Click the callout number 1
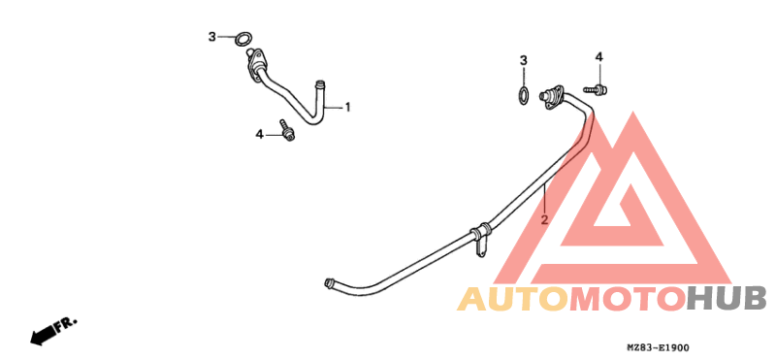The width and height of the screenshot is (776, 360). [347, 107]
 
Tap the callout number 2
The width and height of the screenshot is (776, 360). [544, 219]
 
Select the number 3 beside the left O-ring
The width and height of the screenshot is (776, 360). [211, 37]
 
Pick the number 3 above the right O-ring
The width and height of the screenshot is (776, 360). [524, 60]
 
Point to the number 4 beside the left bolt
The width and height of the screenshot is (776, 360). [259, 133]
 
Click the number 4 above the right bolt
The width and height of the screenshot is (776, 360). [598, 57]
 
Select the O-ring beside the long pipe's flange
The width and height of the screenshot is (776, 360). [523, 96]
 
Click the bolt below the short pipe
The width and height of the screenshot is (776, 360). [287, 129]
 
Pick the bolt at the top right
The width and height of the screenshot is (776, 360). [598, 89]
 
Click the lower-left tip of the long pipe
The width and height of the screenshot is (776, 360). [330, 283]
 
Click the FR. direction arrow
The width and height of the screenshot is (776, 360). [52, 330]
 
